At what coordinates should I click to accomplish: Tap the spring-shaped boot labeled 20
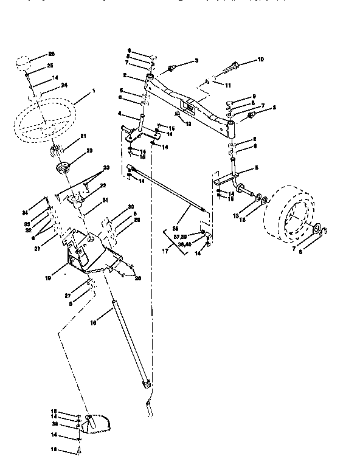[61, 167]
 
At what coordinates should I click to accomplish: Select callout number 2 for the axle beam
[124, 75]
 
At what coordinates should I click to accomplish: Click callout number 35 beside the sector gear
[55, 423]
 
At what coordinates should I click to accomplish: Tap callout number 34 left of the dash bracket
[26, 212]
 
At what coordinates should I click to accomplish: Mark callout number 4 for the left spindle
[120, 115]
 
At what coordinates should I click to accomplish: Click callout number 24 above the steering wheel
[63, 85]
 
